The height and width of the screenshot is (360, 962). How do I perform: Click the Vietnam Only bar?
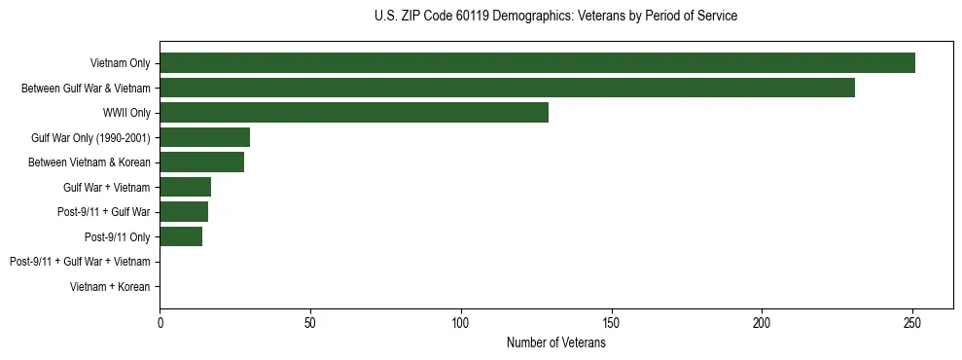pyautogui.click(x=537, y=63)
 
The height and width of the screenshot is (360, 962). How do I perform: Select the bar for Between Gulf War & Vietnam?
pyautogui.click(x=507, y=88)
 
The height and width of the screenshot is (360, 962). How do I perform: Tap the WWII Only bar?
pyautogui.click(x=354, y=113)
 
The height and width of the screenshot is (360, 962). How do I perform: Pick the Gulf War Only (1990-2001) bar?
pyautogui.click(x=204, y=137)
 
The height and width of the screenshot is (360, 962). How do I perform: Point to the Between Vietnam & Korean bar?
pyautogui.click(x=201, y=162)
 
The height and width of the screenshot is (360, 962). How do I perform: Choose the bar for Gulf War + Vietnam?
pyautogui.click(x=185, y=187)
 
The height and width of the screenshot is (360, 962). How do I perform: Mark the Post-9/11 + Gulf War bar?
pyautogui.click(x=184, y=212)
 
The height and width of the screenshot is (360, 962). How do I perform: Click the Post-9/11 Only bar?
pyautogui.click(x=181, y=236)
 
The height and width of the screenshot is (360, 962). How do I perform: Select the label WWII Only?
pyautogui.click(x=126, y=113)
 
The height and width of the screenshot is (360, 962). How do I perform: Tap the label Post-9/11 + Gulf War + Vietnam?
pyautogui.click(x=80, y=262)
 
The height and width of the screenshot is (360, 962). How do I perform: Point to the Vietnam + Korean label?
pyautogui.click(x=110, y=287)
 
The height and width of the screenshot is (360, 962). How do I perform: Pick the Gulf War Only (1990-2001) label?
pyautogui.click(x=90, y=137)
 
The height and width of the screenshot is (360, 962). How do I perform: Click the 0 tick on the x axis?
pyautogui.click(x=160, y=321)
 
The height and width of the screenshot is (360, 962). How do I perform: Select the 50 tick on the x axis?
pyautogui.click(x=310, y=321)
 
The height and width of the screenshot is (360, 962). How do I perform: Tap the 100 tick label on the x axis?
pyautogui.click(x=461, y=321)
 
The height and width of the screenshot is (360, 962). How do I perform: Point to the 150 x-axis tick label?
pyautogui.click(x=612, y=321)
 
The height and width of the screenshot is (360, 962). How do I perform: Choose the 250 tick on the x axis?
pyautogui.click(x=912, y=321)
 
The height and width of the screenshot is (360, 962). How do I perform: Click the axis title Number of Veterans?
pyautogui.click(x=555, y=342)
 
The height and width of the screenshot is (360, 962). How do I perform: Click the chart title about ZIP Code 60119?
pyautogui.click(x=555, y=17)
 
